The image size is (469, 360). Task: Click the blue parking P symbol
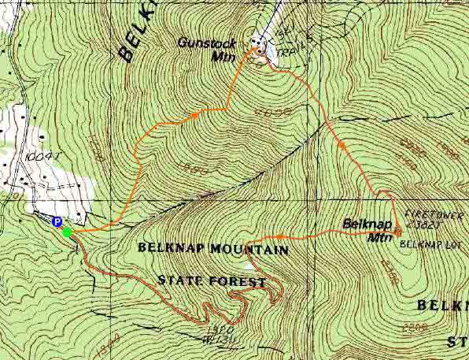tap(57, 222)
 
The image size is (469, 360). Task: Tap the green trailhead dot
tap(67, 232)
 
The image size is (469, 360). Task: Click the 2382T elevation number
tap(426, 223)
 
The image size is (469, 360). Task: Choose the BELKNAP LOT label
tap(426, 243)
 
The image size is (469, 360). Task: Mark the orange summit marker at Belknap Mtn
tap(397, 232)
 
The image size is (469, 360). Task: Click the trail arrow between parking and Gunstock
tap(194, 116)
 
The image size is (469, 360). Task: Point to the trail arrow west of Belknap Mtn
tap(279, 236)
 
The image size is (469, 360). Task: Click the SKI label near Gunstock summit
tap(289, 32)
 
